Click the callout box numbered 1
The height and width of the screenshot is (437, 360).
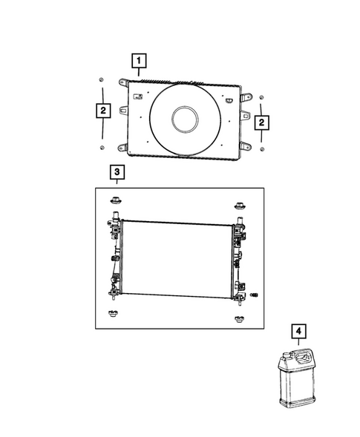(139, 59)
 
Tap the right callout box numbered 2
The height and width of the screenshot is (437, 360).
(261, 122)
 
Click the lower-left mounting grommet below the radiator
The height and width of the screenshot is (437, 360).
(114, 312)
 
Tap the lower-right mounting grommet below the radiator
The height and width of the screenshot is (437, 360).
(239, 321)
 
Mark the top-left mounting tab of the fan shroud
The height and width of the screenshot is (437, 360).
(123, 83)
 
